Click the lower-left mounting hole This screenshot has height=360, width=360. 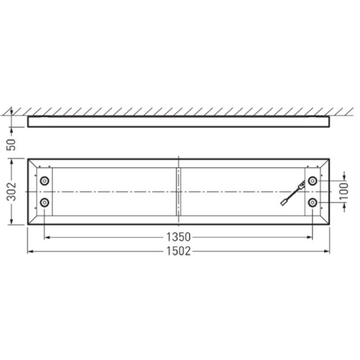pyautogui.click(x=44, y=203)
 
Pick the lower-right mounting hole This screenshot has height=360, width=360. pyautogui.click(x=313, y=203)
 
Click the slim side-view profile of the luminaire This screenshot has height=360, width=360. pyautogui.click(x=179, y=121)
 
